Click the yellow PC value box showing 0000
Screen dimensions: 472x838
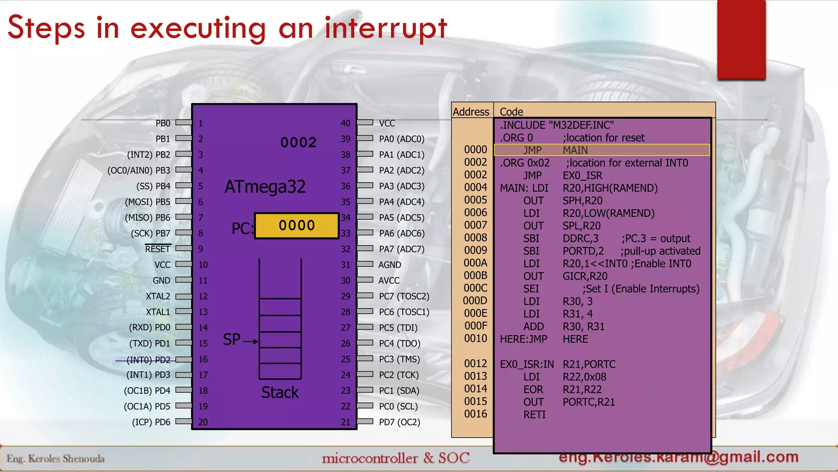tap(297, 225)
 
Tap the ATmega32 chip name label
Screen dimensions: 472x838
tap(265, 187)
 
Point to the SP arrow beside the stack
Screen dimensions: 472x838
tap(250, 341)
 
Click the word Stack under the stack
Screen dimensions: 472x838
tap(280, 393)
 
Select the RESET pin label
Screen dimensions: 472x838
tap(158, 249)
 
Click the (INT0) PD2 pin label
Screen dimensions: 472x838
tap(148, 360)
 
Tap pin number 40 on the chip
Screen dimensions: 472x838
tap(345, 123)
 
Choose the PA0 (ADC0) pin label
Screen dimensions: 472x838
tap(401, 139)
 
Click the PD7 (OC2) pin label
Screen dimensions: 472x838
tap(399, 422)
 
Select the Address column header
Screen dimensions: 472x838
tap(471, 112)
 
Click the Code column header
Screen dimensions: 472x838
tap(511, 112)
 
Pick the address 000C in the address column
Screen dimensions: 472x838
tap(475, 288)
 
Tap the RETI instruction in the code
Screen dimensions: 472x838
tap(534, 415)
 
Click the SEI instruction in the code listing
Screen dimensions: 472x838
tap(531, 289)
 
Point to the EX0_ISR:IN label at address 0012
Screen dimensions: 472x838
tap(527, 364)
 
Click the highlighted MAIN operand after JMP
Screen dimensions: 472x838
tap(575, 150)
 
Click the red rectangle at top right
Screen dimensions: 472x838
tap(741, 39)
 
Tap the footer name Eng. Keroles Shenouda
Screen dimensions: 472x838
tap(56, 458)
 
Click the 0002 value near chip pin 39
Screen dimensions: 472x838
tap(298, 143)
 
